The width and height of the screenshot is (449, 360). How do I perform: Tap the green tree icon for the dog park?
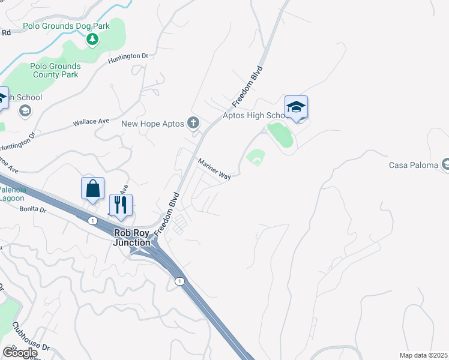(x=92, y=40)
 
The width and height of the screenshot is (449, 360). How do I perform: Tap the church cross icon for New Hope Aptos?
(x=193, y=124)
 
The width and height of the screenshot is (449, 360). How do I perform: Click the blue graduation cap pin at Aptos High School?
(x=296, y=108)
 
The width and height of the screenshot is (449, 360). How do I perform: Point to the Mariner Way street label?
(x=215, y=169)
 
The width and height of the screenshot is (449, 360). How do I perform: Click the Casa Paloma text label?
(x=414, y=165)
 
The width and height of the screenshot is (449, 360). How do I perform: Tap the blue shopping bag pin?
(x=93, y=188)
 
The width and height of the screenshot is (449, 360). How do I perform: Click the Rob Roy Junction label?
(x=132, y=238)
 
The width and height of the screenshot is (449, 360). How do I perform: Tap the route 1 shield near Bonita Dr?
(x=92, y=221)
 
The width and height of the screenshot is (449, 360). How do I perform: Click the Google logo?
(x=20, y=353)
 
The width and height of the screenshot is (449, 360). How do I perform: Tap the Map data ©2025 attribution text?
(x=423, y=355)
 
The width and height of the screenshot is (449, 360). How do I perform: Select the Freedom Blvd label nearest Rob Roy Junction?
(x=167, y=214)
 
